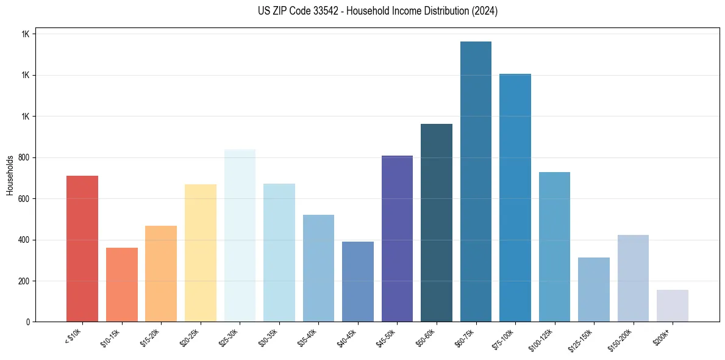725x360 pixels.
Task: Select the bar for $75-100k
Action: click(515, 198)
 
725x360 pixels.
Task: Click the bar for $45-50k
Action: click(397, 239)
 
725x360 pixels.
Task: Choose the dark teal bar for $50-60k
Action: click(437, 223)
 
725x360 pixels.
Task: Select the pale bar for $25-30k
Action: click(240, 236)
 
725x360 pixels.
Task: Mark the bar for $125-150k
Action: click(594, 290)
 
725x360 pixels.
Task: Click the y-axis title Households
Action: click(10, 175)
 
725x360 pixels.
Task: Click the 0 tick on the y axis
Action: click(28, 322)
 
